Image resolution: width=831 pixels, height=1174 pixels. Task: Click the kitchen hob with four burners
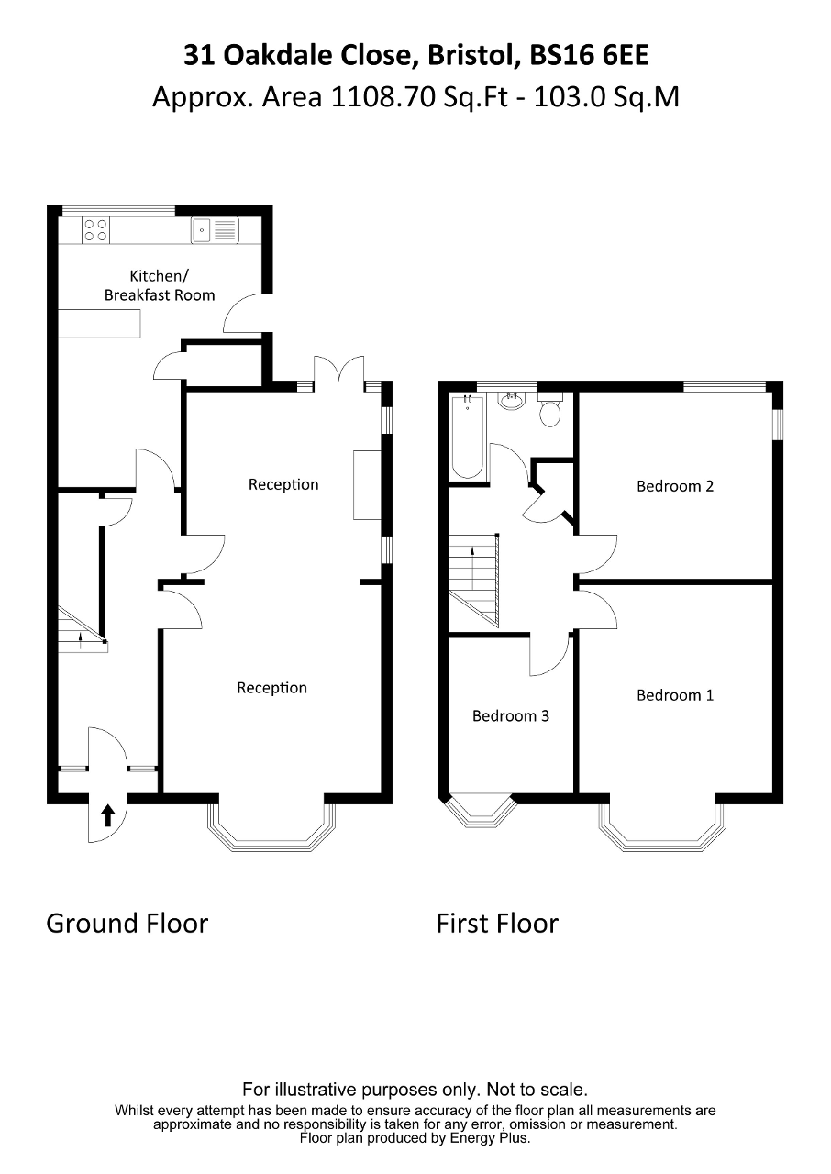click(x=95, y=229)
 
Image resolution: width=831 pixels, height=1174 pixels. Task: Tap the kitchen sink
click(x=215, y=229)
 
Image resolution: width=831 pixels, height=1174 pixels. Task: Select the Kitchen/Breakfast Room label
click(x=160, y=285)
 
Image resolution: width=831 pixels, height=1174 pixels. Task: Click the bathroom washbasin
click(x=510, y=401)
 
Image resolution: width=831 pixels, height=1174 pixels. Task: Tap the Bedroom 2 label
click(x=674, y=486)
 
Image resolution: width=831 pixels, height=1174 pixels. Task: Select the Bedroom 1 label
click(x=674, y=695)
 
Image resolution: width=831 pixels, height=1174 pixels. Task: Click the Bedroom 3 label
click(x=510, y=715)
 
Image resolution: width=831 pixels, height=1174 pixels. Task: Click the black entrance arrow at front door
click(x=107, y=814)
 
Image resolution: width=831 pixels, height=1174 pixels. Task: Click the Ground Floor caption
click(x=127, y=923)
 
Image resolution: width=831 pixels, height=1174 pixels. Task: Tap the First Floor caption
click(x=496, y=923)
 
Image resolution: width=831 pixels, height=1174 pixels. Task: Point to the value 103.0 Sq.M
click(x=601, y=96)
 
